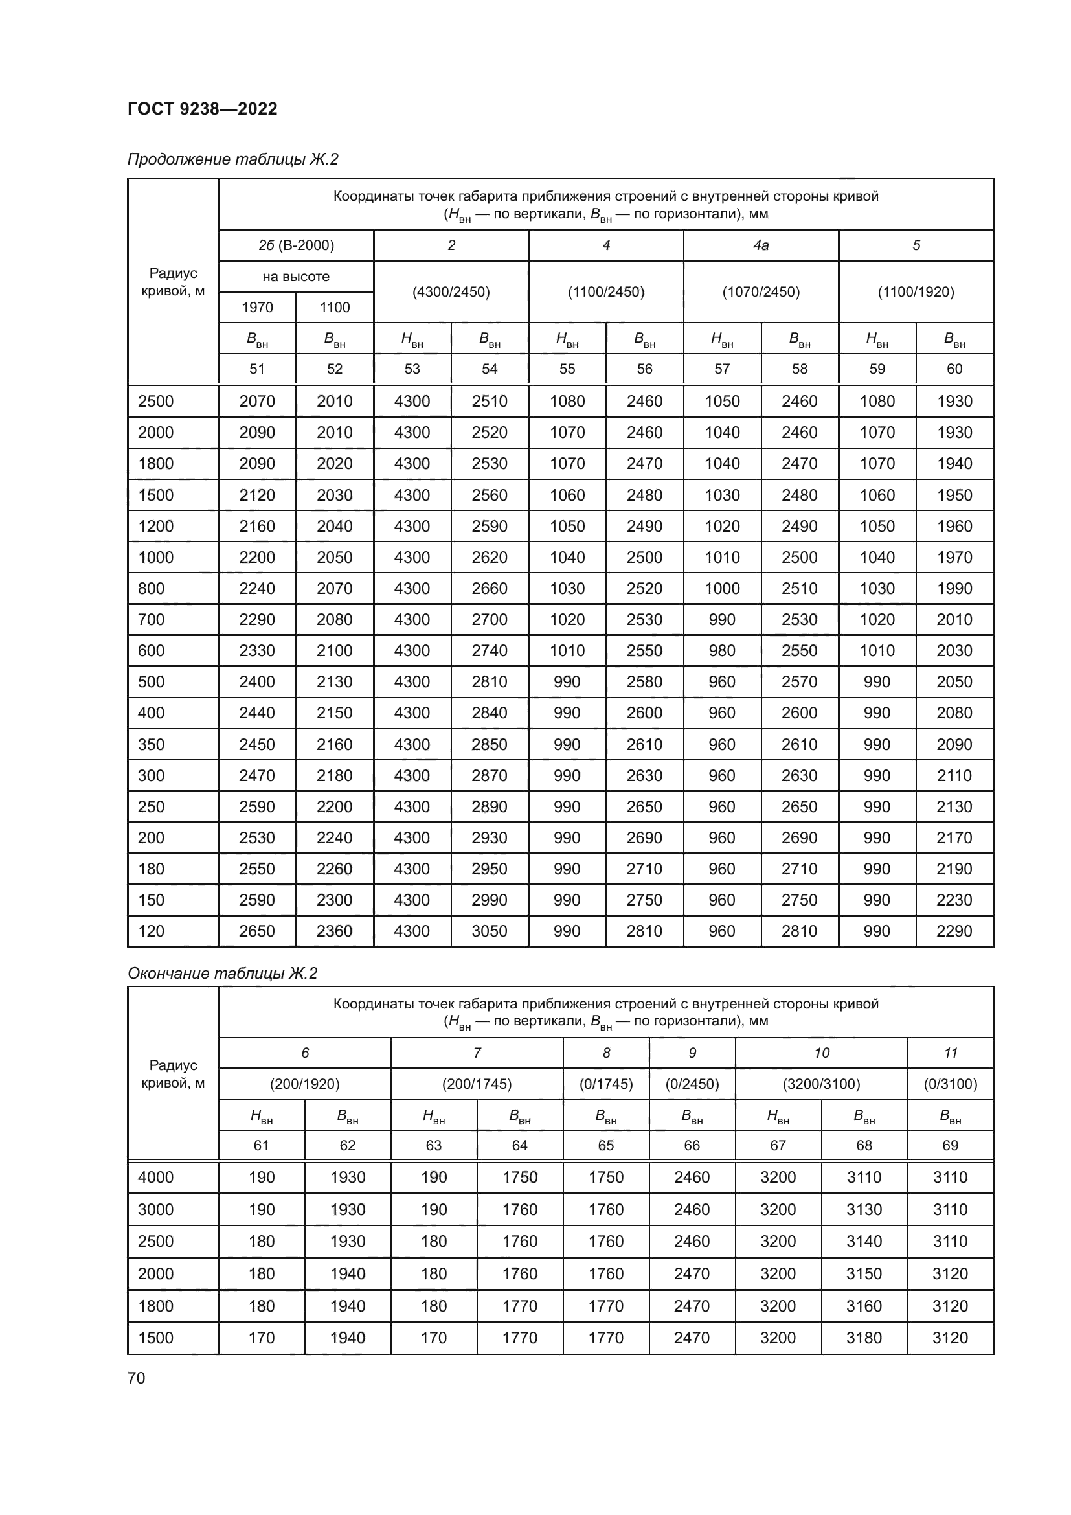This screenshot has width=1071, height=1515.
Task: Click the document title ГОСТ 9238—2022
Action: coord(203,109)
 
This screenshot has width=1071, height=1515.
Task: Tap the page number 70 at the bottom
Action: coord(137,1378)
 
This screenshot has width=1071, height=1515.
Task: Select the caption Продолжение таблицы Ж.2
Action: coord(233,159)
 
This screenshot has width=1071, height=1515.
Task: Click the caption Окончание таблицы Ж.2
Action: coord(222,974)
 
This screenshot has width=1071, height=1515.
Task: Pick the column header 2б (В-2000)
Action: coord(296,245)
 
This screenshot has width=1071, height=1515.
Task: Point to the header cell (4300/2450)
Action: coord(451,291)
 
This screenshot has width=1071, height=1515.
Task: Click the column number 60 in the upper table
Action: coord(954,369)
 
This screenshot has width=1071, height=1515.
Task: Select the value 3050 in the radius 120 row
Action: coord(490,931)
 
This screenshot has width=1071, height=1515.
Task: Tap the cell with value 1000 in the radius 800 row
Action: coord(722,589)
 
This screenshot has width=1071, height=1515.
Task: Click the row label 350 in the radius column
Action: coord(151,744)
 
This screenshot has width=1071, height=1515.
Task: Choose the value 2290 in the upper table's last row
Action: coord(954,931)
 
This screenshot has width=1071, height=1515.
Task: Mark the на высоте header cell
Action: coord(296,277)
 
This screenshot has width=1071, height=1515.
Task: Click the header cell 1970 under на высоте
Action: coord(257,308)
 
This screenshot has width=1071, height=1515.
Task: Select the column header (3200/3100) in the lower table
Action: coord(821,1084)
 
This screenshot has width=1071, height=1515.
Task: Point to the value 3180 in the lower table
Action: coord(864,1338)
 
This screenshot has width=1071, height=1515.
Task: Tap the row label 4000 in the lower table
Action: coord(155,1177)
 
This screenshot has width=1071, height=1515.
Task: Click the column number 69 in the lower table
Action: coord(950,1146)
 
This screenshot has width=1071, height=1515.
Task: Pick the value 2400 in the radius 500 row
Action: coord(257,681)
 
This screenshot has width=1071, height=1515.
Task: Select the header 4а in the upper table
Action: coord(761,245)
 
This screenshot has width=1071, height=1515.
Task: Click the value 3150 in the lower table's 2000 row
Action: coord(864,1273)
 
